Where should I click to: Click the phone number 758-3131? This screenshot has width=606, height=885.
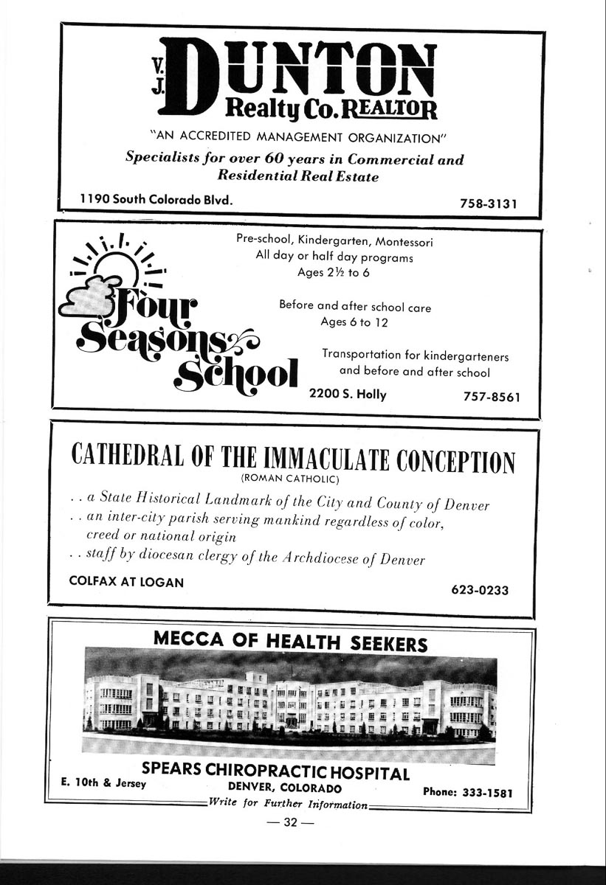(487, 204)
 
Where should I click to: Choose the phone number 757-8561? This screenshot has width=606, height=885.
(492, 397)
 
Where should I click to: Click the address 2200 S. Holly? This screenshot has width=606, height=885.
(348, 394)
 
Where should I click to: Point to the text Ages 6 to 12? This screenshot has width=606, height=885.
(355, 322)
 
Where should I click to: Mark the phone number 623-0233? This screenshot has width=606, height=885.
(480, 590)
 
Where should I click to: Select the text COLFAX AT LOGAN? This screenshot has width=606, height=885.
(126, 581)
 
